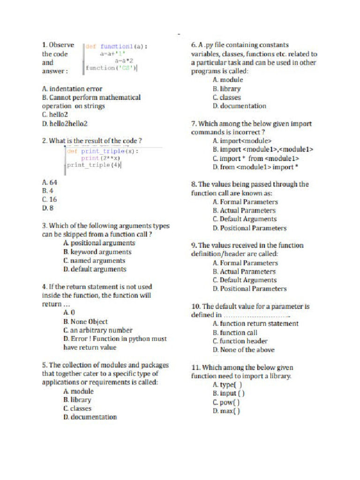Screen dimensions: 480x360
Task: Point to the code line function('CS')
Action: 111,68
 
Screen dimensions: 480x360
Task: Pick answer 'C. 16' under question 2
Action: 49,199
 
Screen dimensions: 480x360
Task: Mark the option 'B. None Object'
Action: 85,322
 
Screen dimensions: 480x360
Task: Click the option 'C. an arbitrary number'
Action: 98,330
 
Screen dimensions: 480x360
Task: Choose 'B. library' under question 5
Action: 77,400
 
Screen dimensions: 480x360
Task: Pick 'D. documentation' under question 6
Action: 239,106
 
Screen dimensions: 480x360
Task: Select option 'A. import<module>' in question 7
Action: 242,141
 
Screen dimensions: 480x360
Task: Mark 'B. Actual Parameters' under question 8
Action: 244,210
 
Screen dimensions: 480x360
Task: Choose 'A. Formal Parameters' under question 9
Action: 245,263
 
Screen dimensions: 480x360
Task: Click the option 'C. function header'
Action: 240,341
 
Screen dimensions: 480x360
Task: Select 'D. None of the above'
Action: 243,350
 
